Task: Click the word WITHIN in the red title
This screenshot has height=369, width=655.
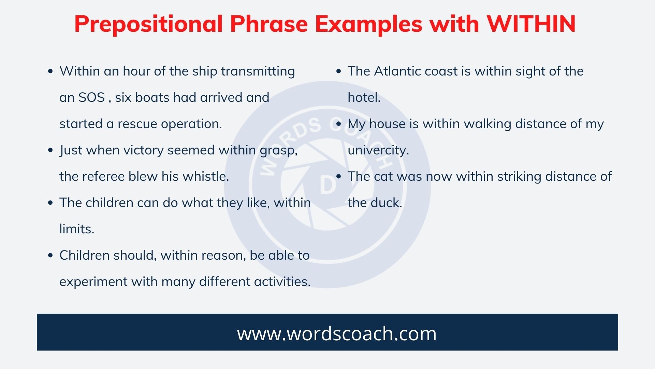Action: [531, 24]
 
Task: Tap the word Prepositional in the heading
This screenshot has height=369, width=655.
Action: [148, 24]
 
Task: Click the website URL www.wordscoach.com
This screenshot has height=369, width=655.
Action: [337, 333]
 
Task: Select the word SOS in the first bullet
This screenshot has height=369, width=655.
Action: [91, 98]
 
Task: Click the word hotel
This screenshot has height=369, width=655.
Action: [364, 98]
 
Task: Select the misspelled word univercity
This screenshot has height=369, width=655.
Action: [378, 150]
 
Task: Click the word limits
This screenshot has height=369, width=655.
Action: [77, 229]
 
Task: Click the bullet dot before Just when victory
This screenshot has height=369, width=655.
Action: [50, 150]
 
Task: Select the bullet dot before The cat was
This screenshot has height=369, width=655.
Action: [339, 177]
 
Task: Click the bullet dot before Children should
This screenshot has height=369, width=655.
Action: [50, 256]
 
